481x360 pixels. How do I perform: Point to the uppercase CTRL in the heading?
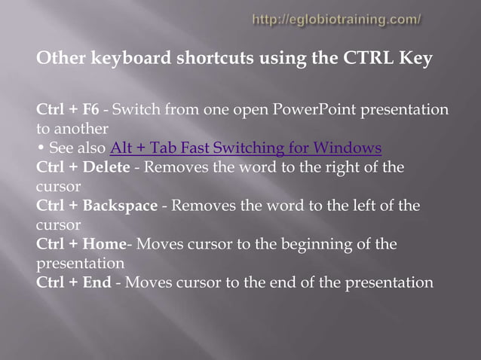point(365,59)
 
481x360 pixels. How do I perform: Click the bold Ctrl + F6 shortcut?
point(67,110)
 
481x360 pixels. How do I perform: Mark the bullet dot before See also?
point(40,148)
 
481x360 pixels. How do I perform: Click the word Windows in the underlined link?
point(349,148)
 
